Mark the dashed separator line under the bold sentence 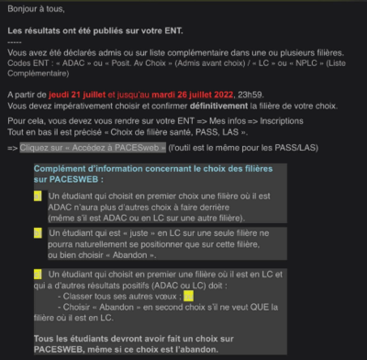tap(14, 42)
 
